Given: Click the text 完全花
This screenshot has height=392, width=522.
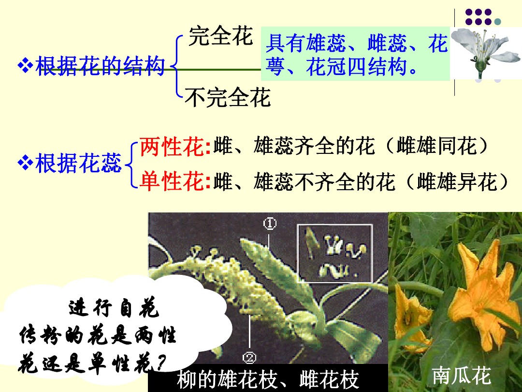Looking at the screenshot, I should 220,36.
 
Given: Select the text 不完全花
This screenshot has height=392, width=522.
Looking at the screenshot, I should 228,98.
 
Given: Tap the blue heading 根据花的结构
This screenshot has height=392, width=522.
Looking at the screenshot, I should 100,66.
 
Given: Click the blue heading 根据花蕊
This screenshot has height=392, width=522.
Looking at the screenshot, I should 79,164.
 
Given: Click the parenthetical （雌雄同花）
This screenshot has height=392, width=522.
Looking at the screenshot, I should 437,147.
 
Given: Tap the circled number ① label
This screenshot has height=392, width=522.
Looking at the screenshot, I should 269,223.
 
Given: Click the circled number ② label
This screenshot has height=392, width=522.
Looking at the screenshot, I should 249,358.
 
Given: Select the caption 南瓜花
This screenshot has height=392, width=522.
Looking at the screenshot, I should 461,375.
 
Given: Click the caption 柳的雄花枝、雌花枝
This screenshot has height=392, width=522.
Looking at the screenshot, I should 268,380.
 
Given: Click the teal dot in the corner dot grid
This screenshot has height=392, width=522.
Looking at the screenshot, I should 498,21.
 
